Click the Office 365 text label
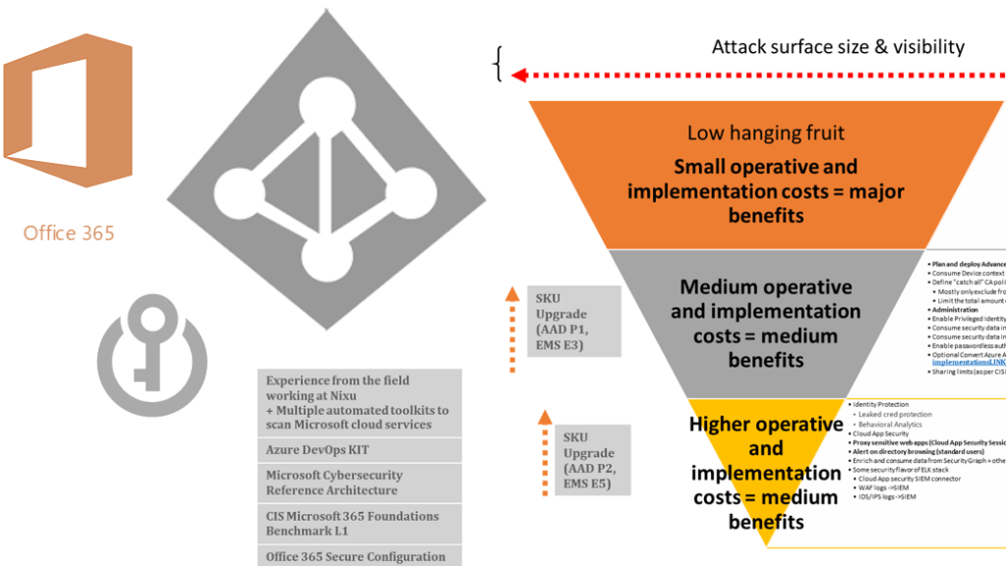69,233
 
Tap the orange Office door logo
67,109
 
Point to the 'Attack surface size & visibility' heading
838,47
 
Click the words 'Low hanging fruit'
766,133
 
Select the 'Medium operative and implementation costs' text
766,323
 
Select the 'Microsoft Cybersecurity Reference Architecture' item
334,481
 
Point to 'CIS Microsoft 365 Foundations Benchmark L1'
352,523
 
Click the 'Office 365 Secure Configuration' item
355,556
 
